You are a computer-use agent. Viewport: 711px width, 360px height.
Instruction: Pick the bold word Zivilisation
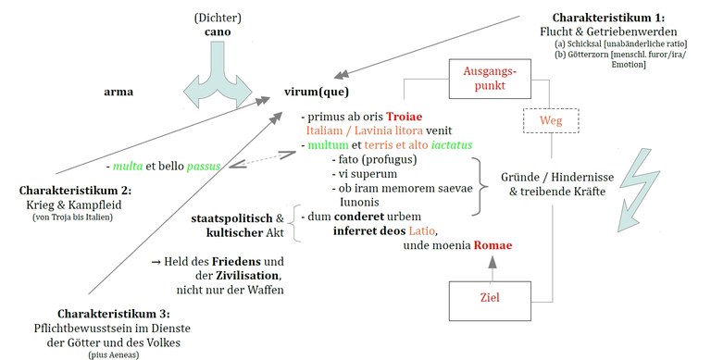click(x=225, y=277)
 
